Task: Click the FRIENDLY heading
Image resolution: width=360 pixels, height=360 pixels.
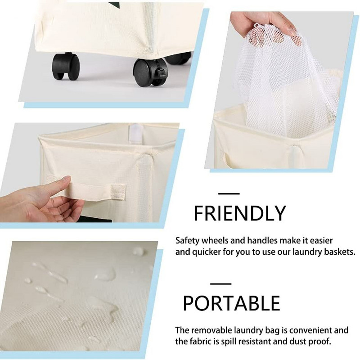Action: pyautogui.click(x=240, y=213)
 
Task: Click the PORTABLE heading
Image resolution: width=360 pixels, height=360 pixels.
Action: pyautogui.click(x=231, y=303)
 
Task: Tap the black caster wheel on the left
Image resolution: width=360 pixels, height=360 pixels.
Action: pyautogui.click(x=66, y=66)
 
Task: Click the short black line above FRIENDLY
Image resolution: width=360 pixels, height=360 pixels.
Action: pyautogui.click(x=229, y=194)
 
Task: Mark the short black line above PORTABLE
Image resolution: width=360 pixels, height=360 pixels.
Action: pyautogui.click(x=220, y=284)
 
